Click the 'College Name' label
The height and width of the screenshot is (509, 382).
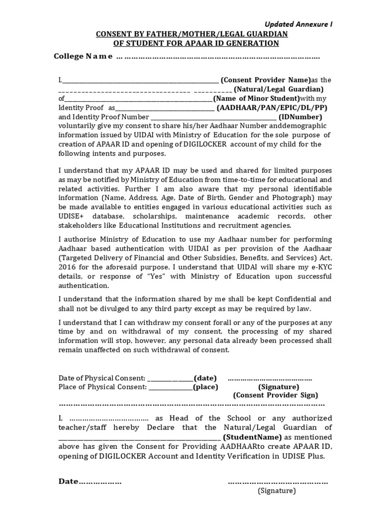[x=83, y=57]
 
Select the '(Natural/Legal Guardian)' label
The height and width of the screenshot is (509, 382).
[x=279, y=89]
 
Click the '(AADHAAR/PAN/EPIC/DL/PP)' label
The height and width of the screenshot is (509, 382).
[x=273, y=108]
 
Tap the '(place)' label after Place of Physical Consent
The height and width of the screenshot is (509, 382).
[x=205, y=387]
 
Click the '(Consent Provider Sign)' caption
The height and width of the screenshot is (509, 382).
[x=275, y=395]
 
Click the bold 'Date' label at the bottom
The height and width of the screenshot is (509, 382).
[x=69, y=482]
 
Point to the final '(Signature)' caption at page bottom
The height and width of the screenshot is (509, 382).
[x=277, y=491]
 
